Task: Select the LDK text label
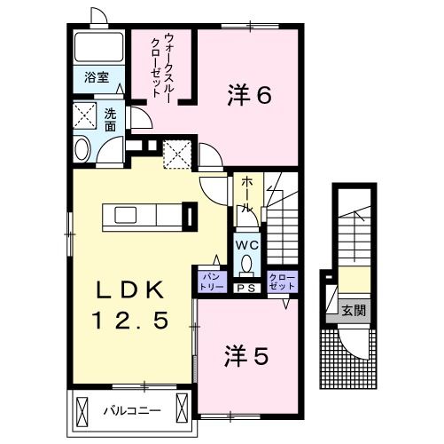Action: click(130, 289)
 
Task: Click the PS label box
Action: click(246, 286)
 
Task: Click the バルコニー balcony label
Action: click(130, 410)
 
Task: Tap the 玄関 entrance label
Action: click(354, 311)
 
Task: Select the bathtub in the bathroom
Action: click(97, 46)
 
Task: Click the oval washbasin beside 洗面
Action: click(82, 148)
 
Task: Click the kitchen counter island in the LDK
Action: click(142, 216)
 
